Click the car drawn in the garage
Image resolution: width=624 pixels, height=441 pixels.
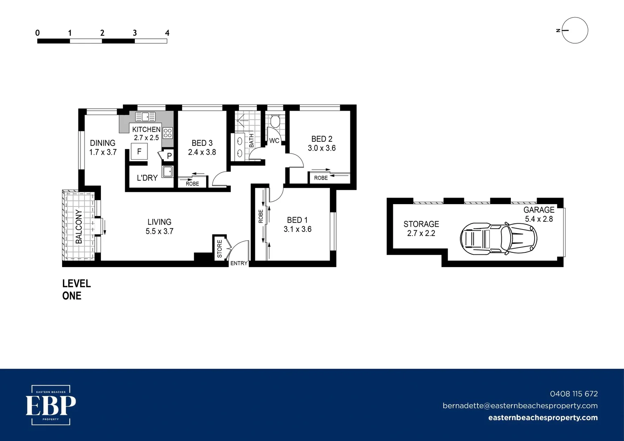[x=498, y=238]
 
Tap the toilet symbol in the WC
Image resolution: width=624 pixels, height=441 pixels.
[x=275, y=121]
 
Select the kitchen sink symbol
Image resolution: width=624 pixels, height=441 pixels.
[x=145, y=117]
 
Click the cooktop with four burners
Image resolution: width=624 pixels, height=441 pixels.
[x=167, y=133]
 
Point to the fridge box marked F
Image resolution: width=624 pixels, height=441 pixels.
[x=139, y=151]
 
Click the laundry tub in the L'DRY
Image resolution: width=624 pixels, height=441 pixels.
[x=167, y=171]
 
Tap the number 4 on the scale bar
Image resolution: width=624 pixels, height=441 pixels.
[x=167, y=33]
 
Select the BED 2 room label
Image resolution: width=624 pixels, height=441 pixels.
[x=322, y=139]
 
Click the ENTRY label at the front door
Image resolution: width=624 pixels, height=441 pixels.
[x=239, y=263]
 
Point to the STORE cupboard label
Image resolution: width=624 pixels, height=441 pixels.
[x=220, y=249]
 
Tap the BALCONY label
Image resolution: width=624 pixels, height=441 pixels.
[x=79, y=227]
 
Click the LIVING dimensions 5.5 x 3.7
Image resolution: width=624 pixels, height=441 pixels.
[x=159, y=231]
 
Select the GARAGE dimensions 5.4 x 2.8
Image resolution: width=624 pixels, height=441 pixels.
[x=539, y=219]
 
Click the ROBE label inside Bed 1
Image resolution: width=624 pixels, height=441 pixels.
[x=261, y=216]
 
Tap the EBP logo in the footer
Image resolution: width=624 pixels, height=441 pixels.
[x=51, y=405]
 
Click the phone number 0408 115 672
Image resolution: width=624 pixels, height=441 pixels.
[x=573, y=394]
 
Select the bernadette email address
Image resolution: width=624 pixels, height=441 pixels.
[x=520, y=405]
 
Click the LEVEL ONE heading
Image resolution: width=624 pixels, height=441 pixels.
[x=76, y=290]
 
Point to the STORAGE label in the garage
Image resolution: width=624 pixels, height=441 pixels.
[x=421, y=224]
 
